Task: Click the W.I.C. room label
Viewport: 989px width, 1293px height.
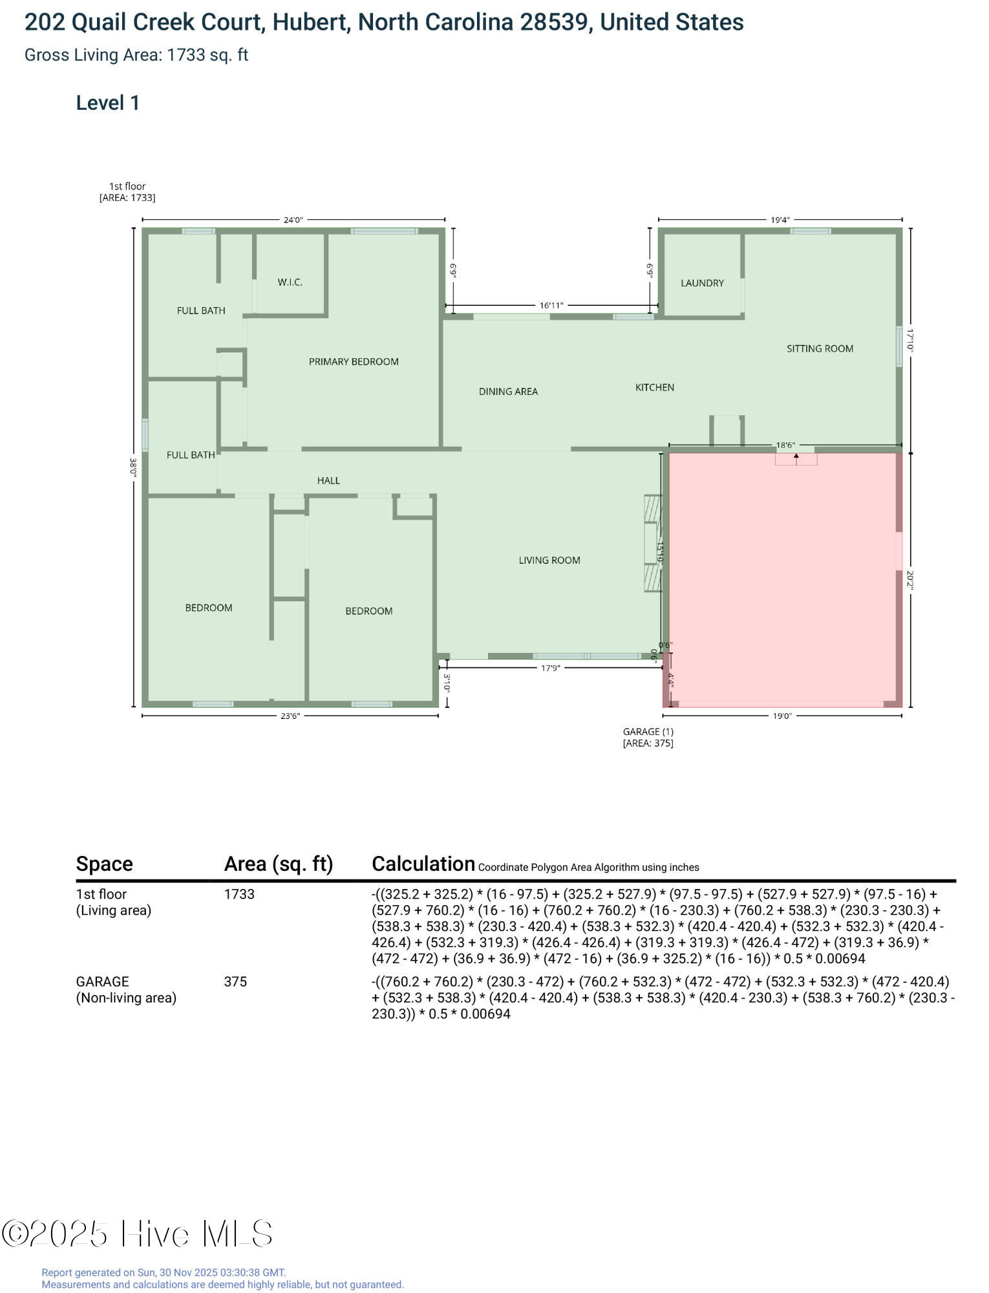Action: click(290, 282)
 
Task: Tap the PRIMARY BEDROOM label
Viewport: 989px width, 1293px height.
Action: click(354, 361)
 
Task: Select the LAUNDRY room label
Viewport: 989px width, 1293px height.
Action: click(702, 283)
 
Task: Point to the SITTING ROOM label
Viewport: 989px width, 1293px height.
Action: click(820, 348)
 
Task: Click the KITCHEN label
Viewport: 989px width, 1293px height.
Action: click(655, 387)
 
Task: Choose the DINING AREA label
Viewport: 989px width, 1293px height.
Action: click(508, 391)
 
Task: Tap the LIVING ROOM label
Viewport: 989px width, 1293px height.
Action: click(549, 560)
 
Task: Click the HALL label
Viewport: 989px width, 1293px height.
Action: click(328, 480)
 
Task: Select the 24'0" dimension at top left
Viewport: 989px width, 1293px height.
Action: click(293, 220)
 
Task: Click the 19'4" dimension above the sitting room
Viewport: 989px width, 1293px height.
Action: click(780, 220)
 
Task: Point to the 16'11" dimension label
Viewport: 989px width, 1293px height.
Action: click(551, 305)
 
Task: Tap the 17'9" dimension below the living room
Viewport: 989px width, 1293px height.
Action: click(551, 668)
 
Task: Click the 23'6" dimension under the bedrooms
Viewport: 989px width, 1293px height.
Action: click(290, 716)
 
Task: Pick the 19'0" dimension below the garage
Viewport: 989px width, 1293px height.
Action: click(782, 716)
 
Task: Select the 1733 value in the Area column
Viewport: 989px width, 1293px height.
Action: click(239, 894)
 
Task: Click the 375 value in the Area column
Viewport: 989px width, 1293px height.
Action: click(235, 981)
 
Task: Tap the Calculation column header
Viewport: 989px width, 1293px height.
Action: click(423, 864)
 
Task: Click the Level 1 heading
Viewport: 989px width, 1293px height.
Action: click(108, 103)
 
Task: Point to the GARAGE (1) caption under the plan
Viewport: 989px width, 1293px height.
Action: click(648, 732)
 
